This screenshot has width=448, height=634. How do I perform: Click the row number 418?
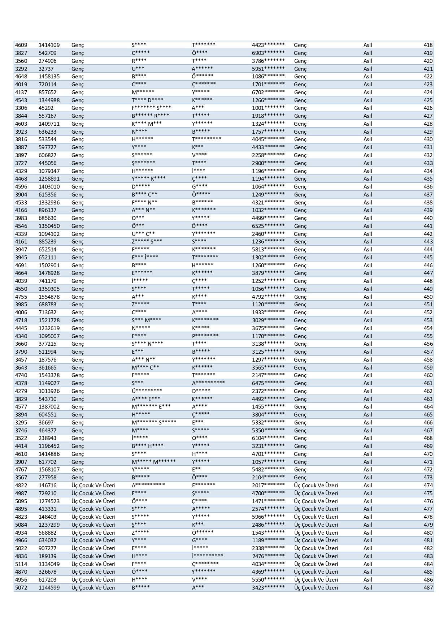point(428,45)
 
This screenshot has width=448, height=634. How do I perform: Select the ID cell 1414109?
point(49,45)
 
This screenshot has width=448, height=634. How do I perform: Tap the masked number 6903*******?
point(268,53)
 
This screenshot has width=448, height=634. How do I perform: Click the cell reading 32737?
point(46,69)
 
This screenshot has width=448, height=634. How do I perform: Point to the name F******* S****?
point(151,108)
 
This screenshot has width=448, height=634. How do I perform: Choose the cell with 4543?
point(21,100)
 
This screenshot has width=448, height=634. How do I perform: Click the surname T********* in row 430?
point(206,139)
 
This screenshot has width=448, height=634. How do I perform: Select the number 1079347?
point(49,171)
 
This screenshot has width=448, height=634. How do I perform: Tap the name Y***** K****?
point(149,179)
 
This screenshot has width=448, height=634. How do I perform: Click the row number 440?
point(428,218)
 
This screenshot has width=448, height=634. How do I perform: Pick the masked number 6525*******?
point(268,226)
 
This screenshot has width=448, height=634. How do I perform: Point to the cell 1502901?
point(49,265)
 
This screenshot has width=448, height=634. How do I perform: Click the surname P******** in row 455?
point(205,336)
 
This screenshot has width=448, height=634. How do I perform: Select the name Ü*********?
point(147,391)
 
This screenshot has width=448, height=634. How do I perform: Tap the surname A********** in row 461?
point(208,383)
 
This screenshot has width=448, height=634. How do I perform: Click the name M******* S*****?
point(154,422)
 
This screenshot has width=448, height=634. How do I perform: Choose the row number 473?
point(428,477)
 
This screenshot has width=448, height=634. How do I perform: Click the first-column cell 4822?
point(21,485)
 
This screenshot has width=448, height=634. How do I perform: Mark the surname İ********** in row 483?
point(207,556)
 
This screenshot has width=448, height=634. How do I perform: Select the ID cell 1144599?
point(49,587)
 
